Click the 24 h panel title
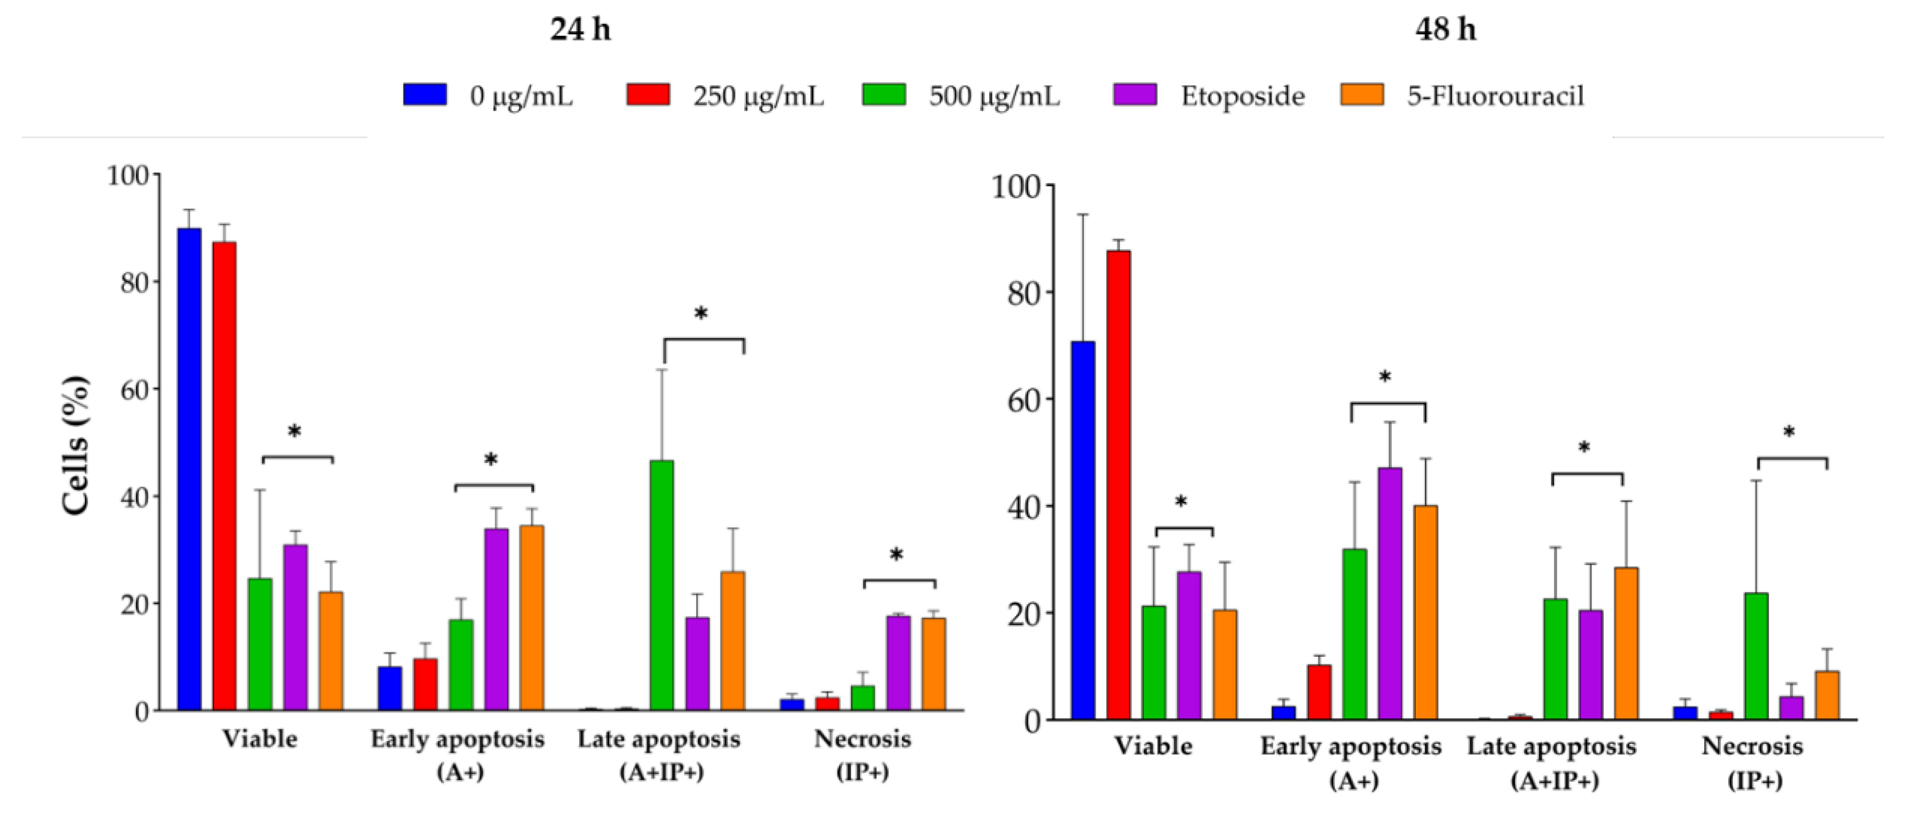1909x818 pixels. [x=580, y=30]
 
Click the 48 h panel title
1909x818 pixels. [x=1445, y=30]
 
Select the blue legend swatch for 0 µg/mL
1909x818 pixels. [x=425, y=95]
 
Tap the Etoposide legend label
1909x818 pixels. [x=1242, y=96]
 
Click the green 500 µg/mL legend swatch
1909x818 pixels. [x=883, y=95]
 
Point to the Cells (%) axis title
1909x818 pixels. [x=75, y=444]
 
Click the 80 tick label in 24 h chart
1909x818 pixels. [x=133, y=282]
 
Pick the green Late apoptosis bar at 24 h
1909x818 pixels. [x=662, y=585]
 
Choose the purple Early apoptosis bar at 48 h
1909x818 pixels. [x=1390, y=593]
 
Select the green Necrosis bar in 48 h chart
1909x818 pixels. [x=1756, y=656]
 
